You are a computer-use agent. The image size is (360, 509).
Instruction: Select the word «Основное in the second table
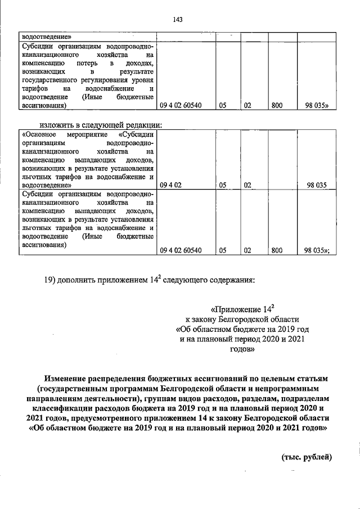coord(39,134)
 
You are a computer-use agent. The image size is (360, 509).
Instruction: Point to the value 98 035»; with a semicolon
coord(317,251)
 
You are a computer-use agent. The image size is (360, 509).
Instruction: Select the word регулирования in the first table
coord(113,80)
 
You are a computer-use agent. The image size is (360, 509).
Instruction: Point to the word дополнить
coord(85,280)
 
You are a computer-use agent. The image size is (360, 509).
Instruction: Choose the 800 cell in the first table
coord(276,105)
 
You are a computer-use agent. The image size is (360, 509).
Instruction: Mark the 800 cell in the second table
coord(276,251)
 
